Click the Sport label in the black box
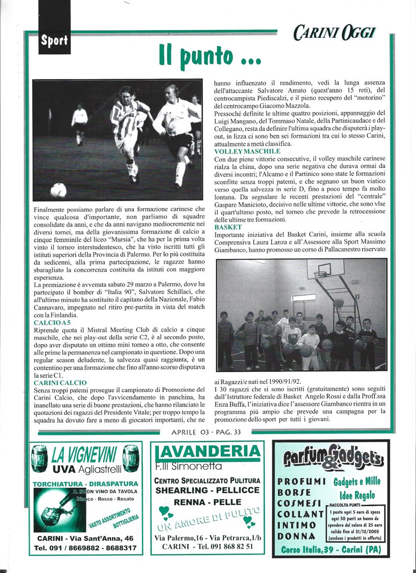point(55,41)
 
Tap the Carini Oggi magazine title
point(335,33)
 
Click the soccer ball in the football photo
point(58,190)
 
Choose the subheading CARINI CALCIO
point(60,383)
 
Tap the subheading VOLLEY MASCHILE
point(247,151)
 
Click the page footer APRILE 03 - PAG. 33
point(206,432)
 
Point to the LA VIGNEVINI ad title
point(84,453)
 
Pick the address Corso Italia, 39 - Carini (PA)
point(331,550)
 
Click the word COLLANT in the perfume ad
point(301,514)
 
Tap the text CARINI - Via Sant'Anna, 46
point(85,538)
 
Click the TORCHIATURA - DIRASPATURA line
point(85,483)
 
